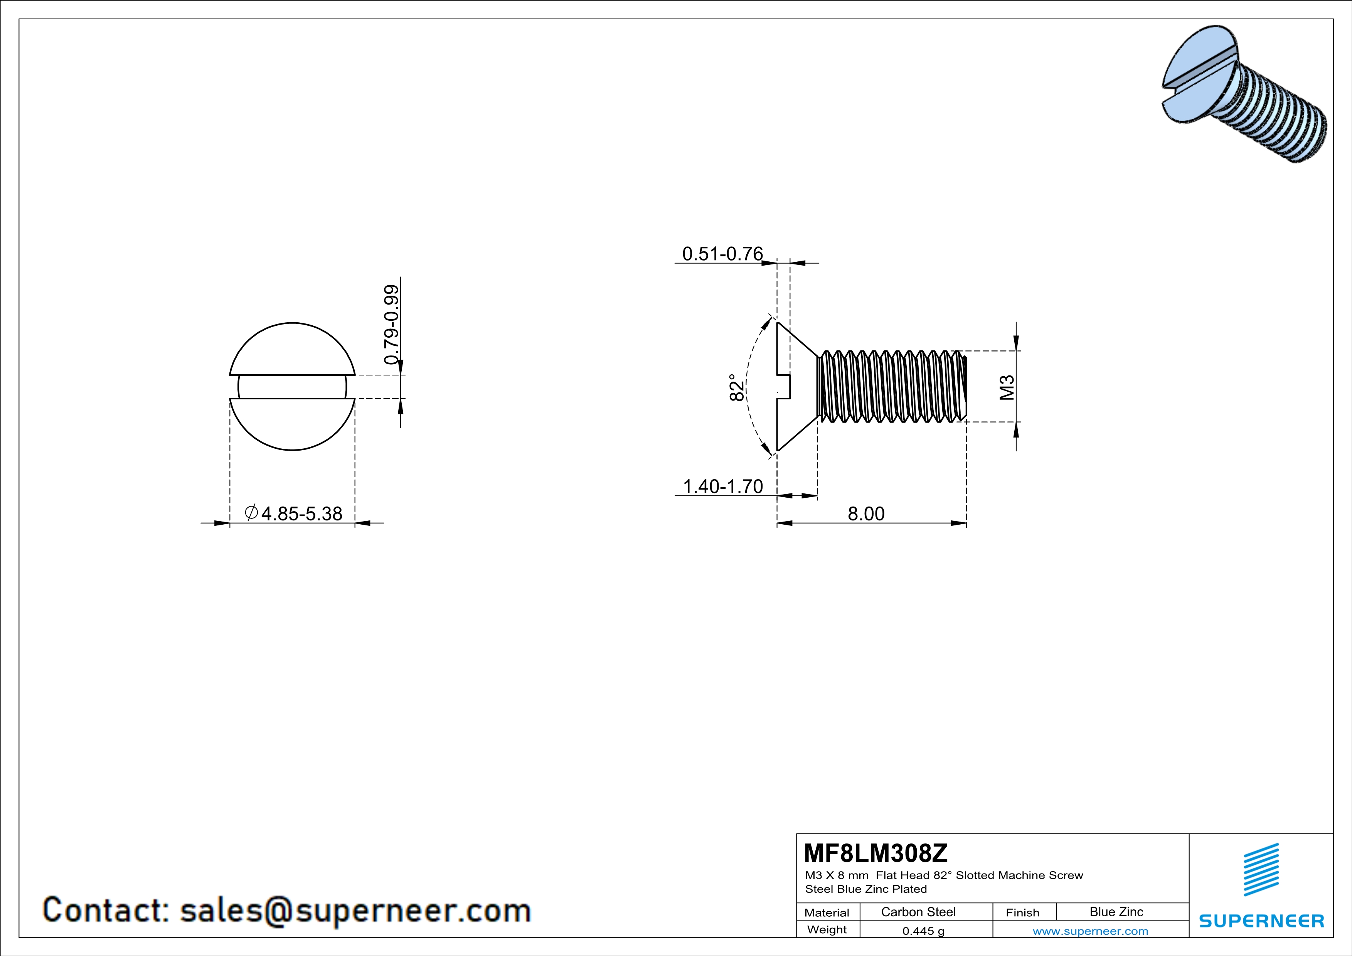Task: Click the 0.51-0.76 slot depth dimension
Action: pos(722,254)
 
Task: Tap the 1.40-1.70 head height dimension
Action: pos(722,486)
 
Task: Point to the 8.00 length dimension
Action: pos(865,514)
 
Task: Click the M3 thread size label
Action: pos(1007,387)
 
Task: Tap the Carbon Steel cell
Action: pos(918,912)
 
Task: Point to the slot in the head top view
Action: pos(292,387)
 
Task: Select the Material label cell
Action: pos(827,912)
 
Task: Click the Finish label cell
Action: pos(1022,912)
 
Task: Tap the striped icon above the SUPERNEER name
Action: pos(1261,870)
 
